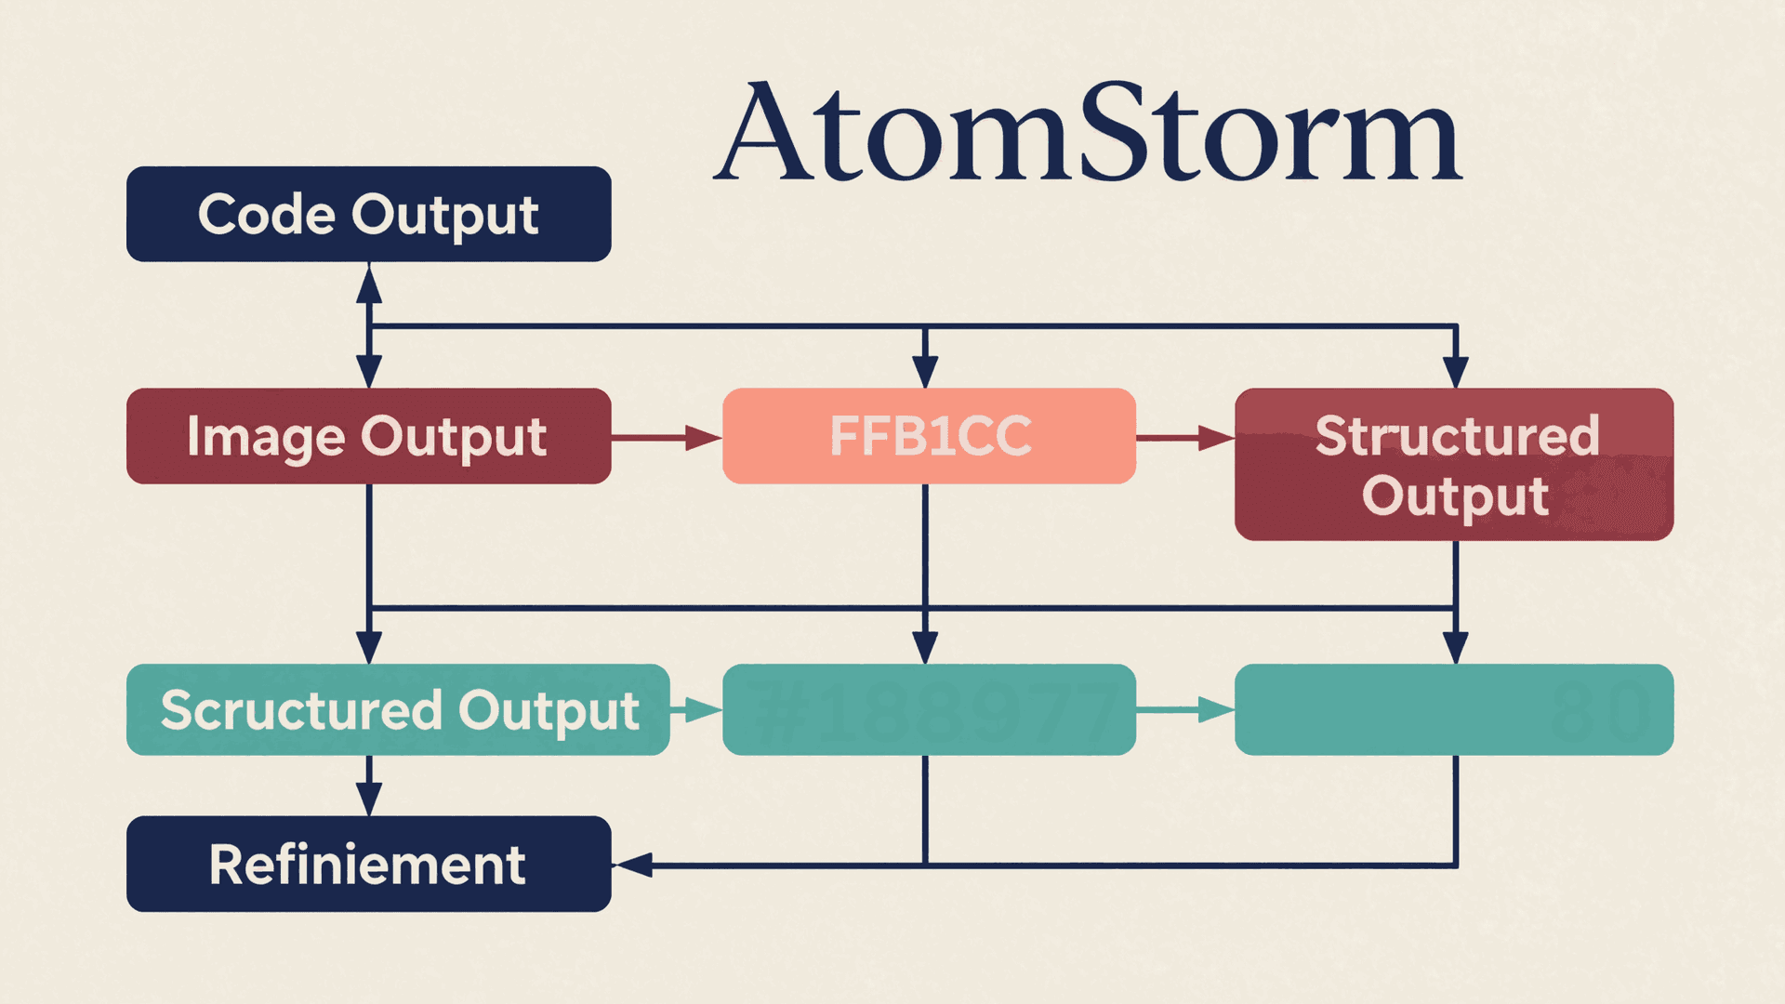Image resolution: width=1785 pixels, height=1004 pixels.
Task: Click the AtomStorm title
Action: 1088,132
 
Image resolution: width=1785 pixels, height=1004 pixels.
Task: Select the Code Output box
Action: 368,214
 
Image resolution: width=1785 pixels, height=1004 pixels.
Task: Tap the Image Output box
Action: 368,436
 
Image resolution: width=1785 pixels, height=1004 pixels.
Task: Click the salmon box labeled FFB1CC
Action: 929,436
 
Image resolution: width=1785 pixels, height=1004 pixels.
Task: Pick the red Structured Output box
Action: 1454,464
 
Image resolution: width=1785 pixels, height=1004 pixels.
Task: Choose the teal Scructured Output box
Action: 398,709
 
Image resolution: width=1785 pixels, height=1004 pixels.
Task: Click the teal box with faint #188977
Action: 929,709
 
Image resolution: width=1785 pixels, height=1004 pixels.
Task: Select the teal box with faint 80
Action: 1454,709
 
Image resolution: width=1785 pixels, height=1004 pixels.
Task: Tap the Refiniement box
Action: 368,864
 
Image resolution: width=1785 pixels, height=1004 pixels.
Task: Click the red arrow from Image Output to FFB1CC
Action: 666,437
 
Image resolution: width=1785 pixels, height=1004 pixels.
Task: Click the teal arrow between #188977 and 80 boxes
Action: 1186,710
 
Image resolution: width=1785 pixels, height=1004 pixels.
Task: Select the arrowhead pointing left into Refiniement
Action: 634,865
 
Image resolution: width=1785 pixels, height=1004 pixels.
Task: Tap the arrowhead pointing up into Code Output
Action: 369,284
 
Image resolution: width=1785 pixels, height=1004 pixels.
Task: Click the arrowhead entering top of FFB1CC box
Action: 925,372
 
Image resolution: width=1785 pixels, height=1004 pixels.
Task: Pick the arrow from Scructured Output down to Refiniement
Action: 369,786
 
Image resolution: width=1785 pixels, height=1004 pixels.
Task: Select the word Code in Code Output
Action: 266,215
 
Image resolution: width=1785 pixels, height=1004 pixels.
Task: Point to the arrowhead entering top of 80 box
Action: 1456,647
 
